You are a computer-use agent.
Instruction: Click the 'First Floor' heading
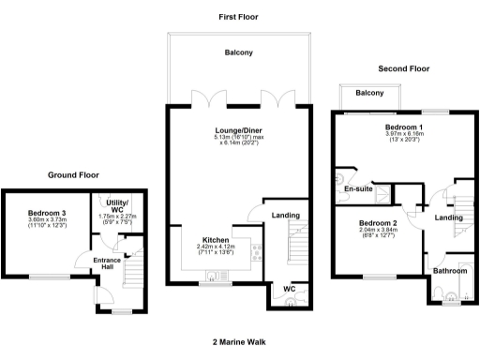click(x=238, y=17)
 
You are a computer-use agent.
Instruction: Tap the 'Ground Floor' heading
click(x=74, y=174)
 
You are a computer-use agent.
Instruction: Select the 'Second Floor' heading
click(x=403, y=68)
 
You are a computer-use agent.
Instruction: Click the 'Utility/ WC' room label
click(x=117, y=207)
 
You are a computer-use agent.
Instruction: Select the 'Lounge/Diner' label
click(x=238, y=132)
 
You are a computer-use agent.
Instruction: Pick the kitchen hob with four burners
click(x=257, y=251)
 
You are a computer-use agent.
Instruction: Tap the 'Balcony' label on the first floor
click(x=238, y=52)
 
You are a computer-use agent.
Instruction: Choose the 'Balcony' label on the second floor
click(x=369, y=93)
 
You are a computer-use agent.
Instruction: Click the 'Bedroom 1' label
click(x=404, y=127)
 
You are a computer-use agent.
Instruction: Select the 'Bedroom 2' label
click(x=379, y=222)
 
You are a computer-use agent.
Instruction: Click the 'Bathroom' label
click(x=448, y=271)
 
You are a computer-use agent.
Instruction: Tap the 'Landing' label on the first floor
click(x=284, y=216)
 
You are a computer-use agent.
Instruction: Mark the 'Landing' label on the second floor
click(x=447, y=218)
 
